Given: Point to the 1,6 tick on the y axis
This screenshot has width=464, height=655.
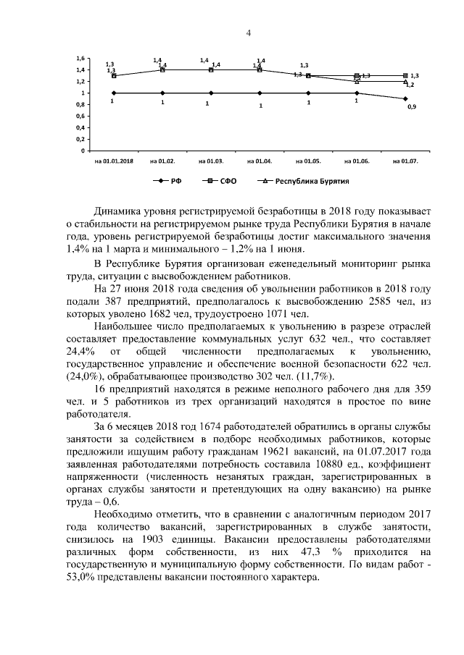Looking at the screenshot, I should (x=80, y=58).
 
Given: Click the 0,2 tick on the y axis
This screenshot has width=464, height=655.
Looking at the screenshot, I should (x=80, y=139).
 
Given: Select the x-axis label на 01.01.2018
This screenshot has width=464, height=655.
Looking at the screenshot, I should (x=113, y=160).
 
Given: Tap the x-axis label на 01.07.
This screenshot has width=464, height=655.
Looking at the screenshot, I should (x=405, y=160).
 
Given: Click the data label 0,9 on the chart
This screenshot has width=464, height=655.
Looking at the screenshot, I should (x=412, y=107).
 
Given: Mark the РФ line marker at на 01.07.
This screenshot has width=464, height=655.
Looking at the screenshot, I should (x=405, y=98).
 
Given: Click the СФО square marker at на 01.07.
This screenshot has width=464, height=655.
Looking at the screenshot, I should (x=405, y=75).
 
